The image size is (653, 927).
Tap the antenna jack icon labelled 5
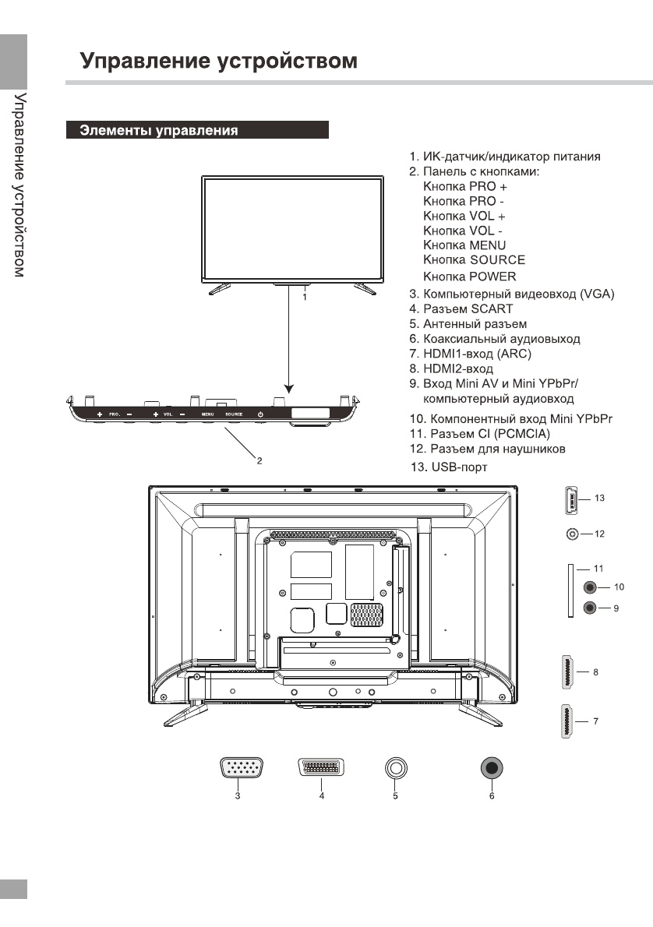[396, 768]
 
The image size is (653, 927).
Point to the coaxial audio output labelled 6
[492, 768]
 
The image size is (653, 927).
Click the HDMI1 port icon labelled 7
[568, 721]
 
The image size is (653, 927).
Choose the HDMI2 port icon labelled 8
[568, 671]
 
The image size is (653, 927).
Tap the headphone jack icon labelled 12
[574, 534]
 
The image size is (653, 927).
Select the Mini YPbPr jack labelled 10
[590, 587]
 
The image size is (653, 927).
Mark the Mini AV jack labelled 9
[590, 608]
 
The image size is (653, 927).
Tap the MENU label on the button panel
[208, 414]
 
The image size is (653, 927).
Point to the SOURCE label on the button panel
[234, 414]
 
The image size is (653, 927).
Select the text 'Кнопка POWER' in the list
[469, 277]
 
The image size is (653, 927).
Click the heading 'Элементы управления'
[160, 130]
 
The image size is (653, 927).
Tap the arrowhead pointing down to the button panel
[289, 387]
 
